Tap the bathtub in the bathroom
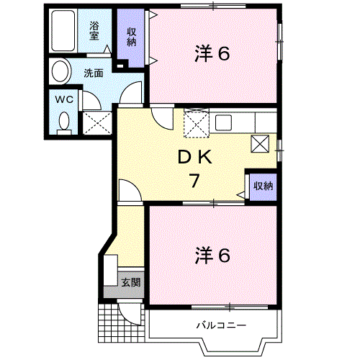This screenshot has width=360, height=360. (x=64, y=31)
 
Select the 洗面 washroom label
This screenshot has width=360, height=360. (x=92, y=73)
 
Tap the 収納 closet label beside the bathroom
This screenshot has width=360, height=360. (x=132, y=36)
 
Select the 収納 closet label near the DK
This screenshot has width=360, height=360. (x=262, y=186)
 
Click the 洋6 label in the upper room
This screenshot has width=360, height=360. (x=212, y=54)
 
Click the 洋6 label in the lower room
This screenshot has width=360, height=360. (x=212, y=255)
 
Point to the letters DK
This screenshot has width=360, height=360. (x=194, y=156)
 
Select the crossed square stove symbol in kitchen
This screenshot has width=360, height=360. (x=261, y=143)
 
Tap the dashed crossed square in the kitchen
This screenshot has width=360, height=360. (x=195, y=123)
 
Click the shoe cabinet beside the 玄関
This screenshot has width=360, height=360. (x=109, y=272)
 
